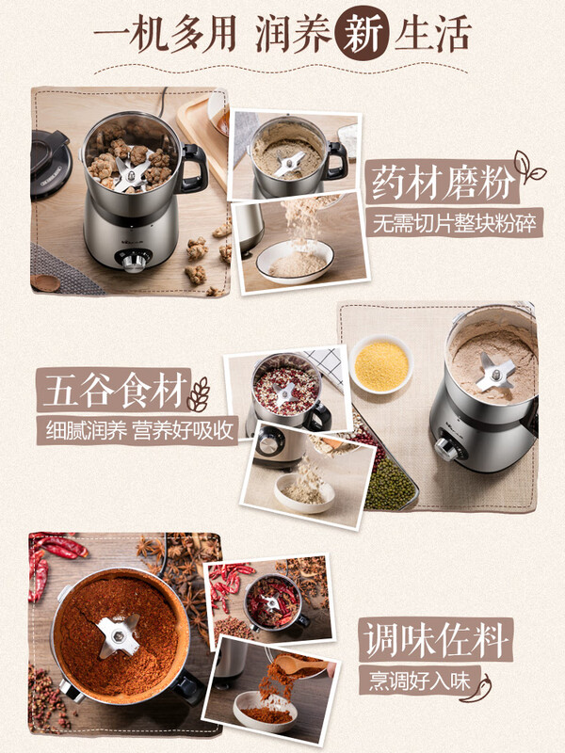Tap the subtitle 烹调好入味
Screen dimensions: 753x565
point(414,680)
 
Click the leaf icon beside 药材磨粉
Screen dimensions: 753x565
point(528,167)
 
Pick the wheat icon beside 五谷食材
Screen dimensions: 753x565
point(199,393)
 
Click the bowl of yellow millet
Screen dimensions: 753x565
point(380,364)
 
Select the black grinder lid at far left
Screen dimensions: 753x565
point(49,162)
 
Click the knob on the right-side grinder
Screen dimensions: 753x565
point(446,449)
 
